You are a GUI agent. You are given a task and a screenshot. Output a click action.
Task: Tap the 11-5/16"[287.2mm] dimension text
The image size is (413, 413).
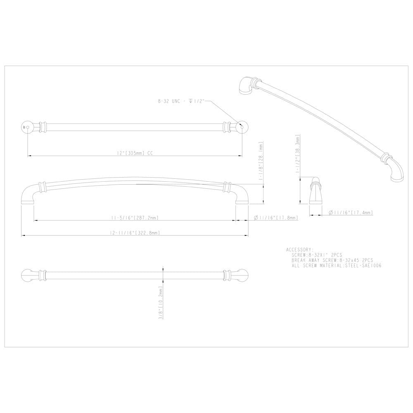pos(135,217)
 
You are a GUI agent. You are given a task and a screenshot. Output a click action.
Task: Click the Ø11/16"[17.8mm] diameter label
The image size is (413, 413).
pos(274,217)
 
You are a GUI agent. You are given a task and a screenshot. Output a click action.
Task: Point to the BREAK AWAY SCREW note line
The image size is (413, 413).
pos(332,261)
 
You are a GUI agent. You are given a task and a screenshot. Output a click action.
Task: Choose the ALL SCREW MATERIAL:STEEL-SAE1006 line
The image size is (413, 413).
pos(336,266)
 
